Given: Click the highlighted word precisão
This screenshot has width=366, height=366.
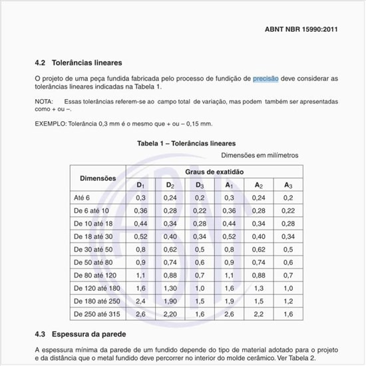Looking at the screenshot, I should click(266, 78).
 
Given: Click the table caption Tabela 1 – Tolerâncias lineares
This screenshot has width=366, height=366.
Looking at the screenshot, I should click(186, 143).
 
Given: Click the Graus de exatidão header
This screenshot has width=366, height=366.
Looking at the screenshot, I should click(214, 172).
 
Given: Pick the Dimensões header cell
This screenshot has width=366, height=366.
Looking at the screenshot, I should click(98, 178).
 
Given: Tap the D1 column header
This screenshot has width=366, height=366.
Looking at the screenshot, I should click(141, 184).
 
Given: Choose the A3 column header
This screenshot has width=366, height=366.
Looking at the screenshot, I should click(287, 184).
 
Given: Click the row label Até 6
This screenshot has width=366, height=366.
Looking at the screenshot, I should click(82, 198).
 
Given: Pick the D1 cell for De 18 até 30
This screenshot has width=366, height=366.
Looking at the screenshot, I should click(141, 236).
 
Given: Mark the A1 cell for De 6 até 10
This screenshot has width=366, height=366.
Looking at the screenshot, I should click(229, 210).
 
